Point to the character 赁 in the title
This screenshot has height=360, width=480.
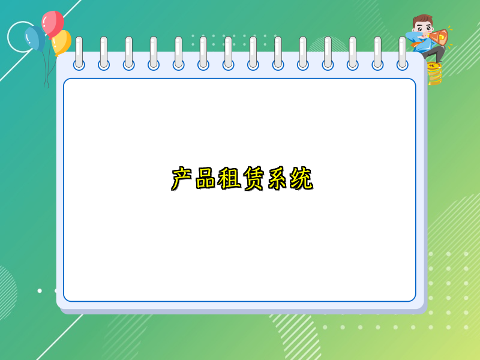click(254, 179)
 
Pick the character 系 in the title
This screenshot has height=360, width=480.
click(277, 179)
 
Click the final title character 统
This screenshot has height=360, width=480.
click(301, 179)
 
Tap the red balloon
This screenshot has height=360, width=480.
click(53, 23)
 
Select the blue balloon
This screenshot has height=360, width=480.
click(35, 38)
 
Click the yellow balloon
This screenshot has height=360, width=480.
click(61, 42)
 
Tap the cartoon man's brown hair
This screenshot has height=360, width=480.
click(424, 19)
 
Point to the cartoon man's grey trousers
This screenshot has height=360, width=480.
click(434, 54)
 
